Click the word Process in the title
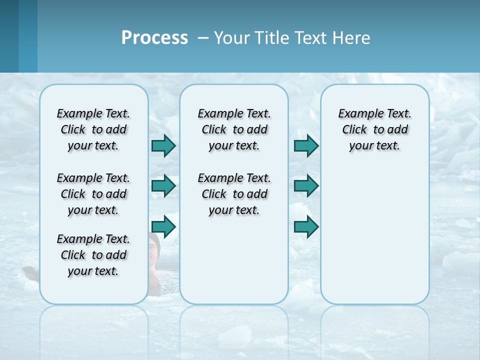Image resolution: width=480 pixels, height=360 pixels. coord(154,38)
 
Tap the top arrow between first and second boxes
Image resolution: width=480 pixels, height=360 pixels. coord(163,145)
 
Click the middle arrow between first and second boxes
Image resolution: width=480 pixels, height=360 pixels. coord(163,186)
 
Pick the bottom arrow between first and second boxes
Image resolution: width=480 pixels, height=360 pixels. coord(163,226)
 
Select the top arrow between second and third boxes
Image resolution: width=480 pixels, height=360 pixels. coord(306,145)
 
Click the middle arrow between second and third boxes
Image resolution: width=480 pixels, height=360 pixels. coord(306,186)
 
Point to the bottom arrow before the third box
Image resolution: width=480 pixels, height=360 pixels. coord(306,226)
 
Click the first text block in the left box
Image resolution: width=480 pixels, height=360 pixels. coord(93,129)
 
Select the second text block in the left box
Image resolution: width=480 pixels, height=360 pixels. coord(93,194)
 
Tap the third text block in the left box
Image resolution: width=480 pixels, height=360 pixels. coord(93,255)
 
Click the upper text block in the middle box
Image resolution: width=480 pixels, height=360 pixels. coord(234,129)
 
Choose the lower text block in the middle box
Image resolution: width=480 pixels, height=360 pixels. coord(234,194)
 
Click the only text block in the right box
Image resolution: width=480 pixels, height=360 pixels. coord(374,129)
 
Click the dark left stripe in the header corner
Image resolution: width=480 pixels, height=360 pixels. coord(9,36)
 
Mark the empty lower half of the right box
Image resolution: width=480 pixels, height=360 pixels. coord(374,240)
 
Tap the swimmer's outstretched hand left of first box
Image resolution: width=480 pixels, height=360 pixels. coord(30,272)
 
